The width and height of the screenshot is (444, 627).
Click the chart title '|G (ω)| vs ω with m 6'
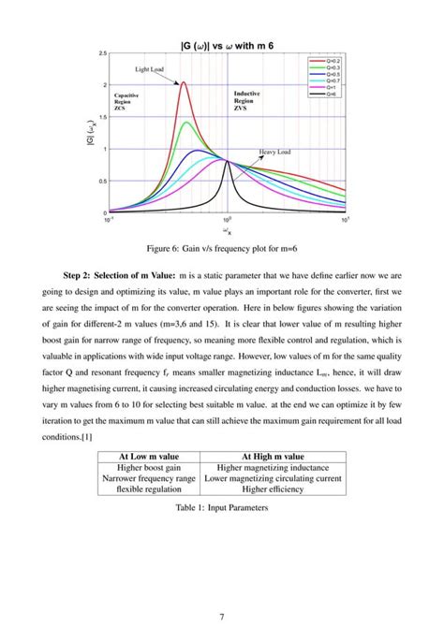(x=229, y=46)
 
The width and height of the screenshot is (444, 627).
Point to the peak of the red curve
(x=183, y=82)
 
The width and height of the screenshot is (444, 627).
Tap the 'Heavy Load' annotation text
(x=274, y=151)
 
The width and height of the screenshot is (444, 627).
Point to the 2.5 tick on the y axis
(x=102, y=54)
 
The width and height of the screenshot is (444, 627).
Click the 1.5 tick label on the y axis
(x=102, y=117)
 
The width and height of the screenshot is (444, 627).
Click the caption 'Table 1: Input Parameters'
(x=221, y=511)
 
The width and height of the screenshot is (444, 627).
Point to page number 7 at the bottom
(x=222, y=591)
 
